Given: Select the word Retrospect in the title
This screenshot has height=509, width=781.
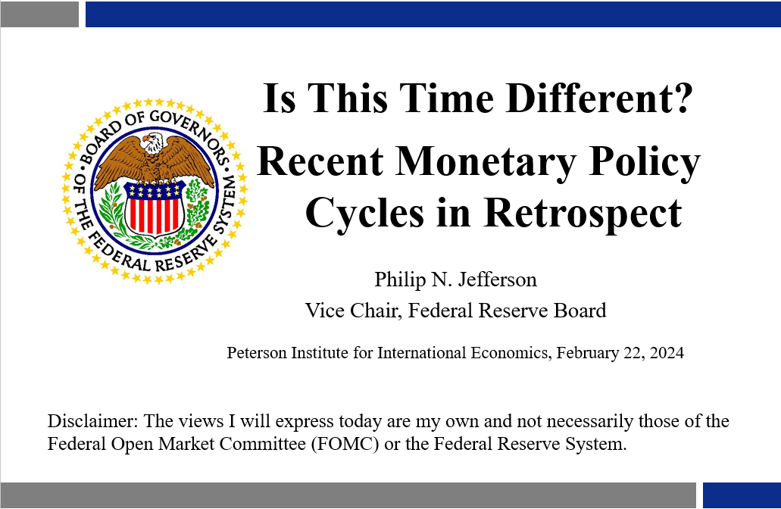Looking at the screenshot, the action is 583,214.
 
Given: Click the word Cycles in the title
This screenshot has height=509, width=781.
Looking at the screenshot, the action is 364,214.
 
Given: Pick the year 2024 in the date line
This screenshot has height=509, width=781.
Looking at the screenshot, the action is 667,353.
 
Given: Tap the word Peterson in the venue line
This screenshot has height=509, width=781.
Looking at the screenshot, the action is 257,353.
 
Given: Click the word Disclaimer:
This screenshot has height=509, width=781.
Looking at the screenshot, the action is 92,421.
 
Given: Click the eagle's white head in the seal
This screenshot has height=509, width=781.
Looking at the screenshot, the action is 152,142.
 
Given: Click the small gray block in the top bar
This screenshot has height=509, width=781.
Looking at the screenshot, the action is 39,14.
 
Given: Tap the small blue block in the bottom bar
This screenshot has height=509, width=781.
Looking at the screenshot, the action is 742,495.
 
